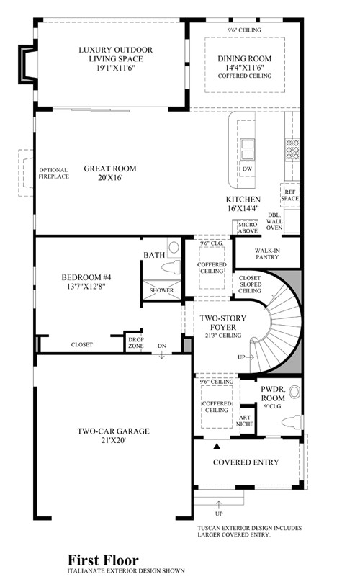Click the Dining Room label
pos(244,58)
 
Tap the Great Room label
pos(110,169)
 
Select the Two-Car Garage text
pos(113,431)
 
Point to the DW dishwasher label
pos(248,169)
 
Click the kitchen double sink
pos(247,149)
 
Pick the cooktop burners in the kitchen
pos(292,150)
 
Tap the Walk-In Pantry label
pos(267,254)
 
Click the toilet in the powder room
pos(291,422)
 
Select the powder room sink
pos(295,392)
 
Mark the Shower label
pos(162,290)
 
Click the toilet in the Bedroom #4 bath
pos(171,267)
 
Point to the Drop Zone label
pos(136,343)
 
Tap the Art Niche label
pos(245,421)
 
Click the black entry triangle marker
pos(216,446)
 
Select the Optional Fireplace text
pos(53,173)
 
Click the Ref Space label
pos(290,195)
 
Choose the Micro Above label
pos(248,228)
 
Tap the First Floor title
pos(103,560)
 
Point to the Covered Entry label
pos(246,462)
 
